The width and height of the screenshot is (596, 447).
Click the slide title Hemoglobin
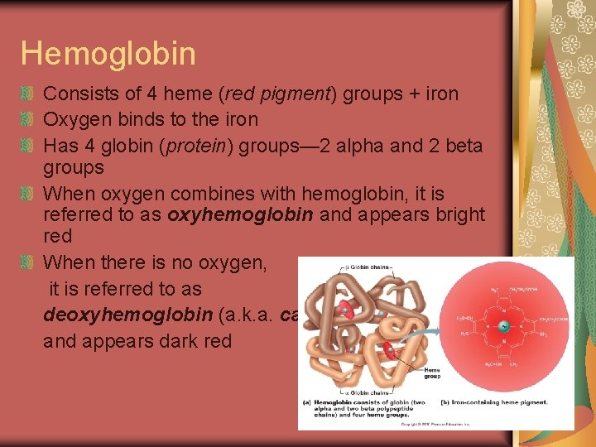click(x=108, y=53)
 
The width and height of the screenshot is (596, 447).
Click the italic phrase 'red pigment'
click(x=281, y=94)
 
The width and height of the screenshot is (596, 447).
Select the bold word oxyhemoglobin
click(x=241, y=214)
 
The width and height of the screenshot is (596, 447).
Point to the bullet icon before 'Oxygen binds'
click(x=29, y=120)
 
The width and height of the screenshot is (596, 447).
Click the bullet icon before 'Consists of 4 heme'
click(x=29, y=94)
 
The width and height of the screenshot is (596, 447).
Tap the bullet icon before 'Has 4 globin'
click(x=29, y=147)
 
